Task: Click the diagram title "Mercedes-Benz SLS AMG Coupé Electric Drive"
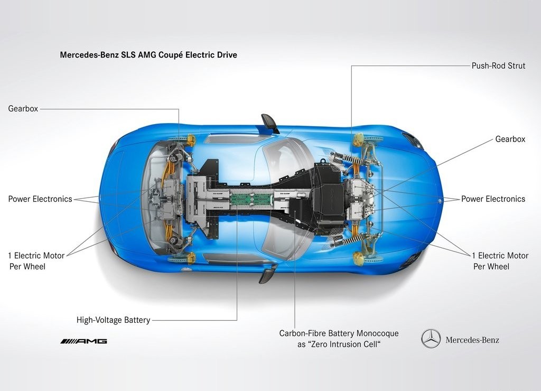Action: click(x=148, y=55)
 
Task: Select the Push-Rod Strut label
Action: click(x=498, y=66)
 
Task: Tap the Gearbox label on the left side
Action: click(x=23, y=108)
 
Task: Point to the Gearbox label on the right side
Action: click(x=510, y=139)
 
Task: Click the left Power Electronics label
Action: click(x=40, y=199)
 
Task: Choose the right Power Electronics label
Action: click(x=493, y=199)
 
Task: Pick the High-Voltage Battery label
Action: click(x=113, y=320)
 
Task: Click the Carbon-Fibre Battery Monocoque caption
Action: click(x=339, y=339)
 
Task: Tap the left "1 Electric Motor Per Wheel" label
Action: click(x=36, y=261)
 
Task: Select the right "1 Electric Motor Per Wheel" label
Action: click(x=500, y=261)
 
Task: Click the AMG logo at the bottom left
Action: click(x=83, y=341)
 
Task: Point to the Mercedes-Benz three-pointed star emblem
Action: click(x=431, y=339)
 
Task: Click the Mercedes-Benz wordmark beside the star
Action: click(x=472, y=340)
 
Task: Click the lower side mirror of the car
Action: click(x=268, y=273)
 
